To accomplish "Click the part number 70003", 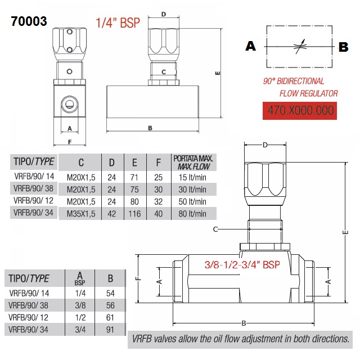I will [x=29, y=21].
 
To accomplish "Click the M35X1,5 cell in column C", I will [x=81, y=214].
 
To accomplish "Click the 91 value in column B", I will [x=110, y=330].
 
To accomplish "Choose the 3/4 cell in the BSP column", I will [x=79, y=330].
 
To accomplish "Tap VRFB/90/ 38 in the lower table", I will [x=30, y=305].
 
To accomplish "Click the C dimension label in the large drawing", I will [x=215, y=229].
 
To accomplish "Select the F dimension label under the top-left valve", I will [x=70, y=141].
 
